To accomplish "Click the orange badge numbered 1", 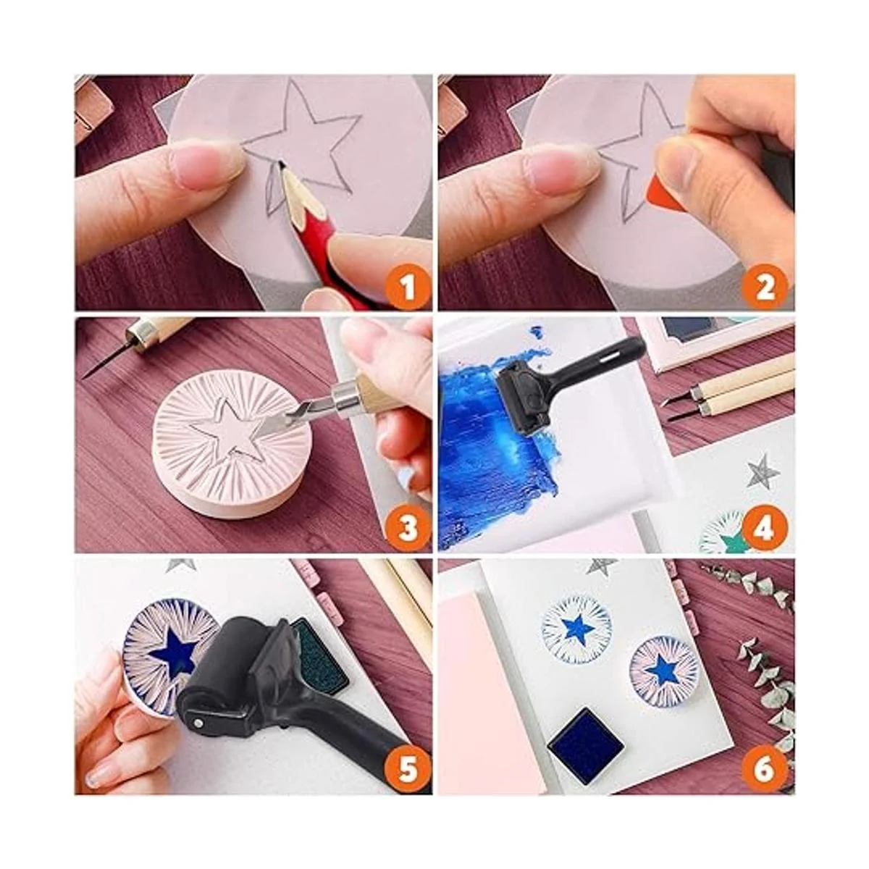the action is tap(408, 289).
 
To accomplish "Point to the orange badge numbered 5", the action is tap(408, 769).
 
